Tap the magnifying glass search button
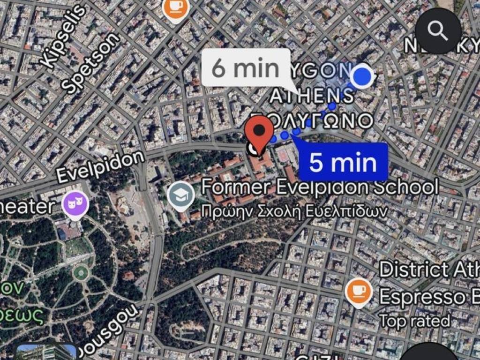click(438, 31)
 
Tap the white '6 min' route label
click(245, 68)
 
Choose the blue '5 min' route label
click(343, 162)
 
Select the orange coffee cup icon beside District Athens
click(359, 292)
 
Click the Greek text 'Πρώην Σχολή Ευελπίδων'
click(294, 211)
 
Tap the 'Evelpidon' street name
click(100, 167)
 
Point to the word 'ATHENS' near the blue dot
click(312, 96)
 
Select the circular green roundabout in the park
click(81, 272)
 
